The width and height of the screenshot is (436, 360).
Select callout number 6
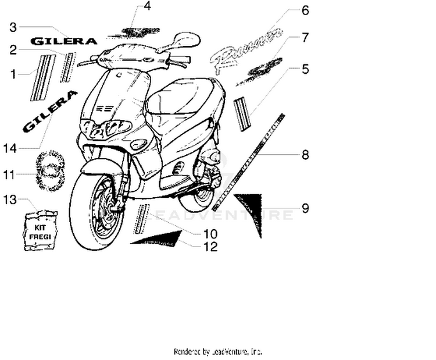click(305, 10)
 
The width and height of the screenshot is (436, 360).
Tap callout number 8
click(305, 155)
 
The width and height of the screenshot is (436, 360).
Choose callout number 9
click(305, 208)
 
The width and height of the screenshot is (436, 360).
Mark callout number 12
click(210, 247)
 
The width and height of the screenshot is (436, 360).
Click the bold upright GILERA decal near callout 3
click(64, 41)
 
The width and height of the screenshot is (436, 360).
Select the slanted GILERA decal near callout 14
click(50, 111)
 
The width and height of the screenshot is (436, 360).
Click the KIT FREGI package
click(41, 231)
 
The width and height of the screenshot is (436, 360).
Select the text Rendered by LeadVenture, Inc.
click(218, 351)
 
